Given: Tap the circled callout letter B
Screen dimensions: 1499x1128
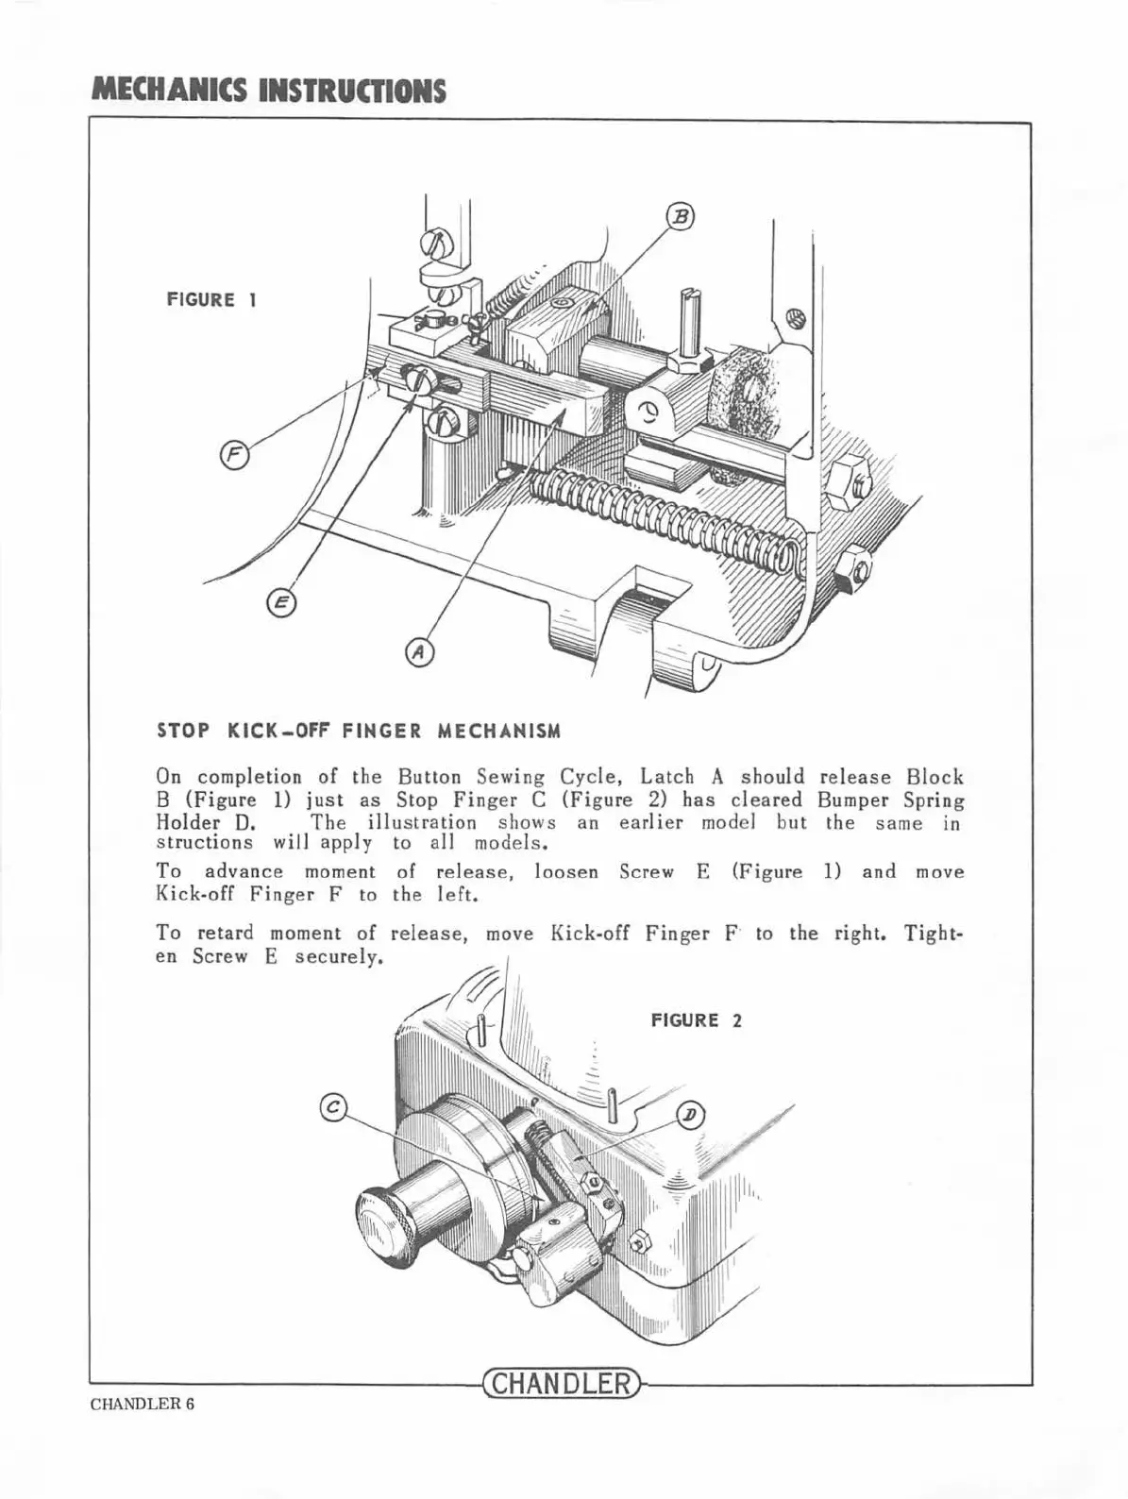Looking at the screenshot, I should [x=681, y=217].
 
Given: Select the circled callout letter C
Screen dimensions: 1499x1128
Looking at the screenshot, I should [x=332, y=1106].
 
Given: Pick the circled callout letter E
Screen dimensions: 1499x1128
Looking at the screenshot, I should [x=280, y=602].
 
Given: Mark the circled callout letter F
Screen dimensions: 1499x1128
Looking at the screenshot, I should [x=233, y=457].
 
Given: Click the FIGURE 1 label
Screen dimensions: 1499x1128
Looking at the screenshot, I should [x=212, y=300].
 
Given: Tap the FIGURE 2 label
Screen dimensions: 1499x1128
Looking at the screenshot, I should [x=697, y=1020].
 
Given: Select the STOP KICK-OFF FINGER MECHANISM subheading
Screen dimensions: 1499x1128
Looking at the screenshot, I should [x=358, y=731].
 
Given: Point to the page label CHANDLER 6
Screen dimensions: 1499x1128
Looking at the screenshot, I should [x=143, y=1404].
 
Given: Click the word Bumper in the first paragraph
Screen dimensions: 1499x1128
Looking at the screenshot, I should [x=855, y=800].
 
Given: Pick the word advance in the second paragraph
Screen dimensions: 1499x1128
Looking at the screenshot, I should [x=244, y=872].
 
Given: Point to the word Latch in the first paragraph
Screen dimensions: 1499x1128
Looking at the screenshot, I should [x=667, y=778].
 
